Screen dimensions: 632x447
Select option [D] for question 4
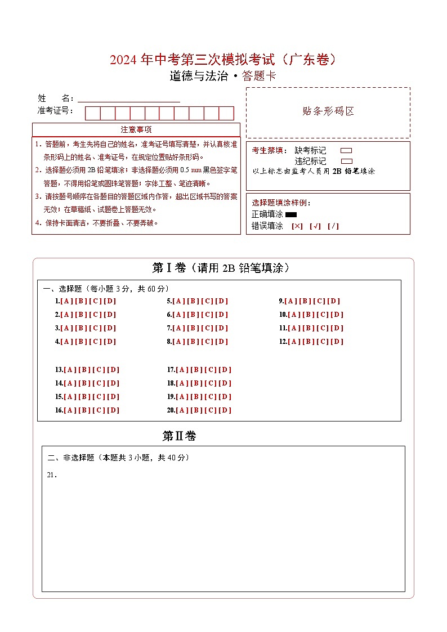coord(110,342)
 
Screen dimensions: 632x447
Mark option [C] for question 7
coord(208,328)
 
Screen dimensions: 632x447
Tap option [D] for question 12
coord(337,342)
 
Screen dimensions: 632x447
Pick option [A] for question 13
coord(70,370)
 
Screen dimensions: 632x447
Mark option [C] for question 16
coord(99,410)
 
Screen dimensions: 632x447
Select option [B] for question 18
coord(196,383)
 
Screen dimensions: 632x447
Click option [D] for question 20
coord(225,410)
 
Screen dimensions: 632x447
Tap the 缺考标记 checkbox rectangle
coord(346,151)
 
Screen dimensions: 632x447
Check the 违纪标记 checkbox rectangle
coord(346,161)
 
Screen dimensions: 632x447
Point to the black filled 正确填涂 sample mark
coord(291,214)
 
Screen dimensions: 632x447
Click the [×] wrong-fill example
coord(297,226)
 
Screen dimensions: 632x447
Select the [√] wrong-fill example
coord(315,226)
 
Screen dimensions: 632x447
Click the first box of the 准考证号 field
coord(92,113)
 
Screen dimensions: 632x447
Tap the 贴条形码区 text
coord(328,111)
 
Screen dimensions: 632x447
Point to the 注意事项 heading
coord(136,129)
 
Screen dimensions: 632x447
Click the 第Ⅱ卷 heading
coord(179,436)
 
